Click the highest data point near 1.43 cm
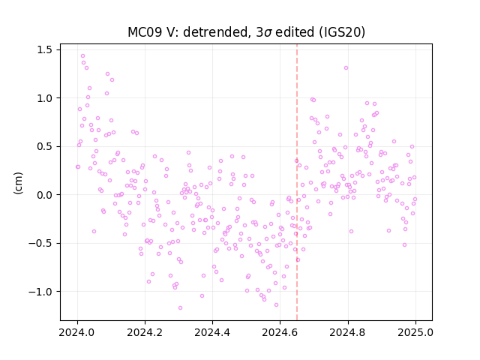82,56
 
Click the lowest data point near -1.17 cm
180,307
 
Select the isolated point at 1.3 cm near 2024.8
346,68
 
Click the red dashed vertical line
297,182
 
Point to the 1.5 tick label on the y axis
44,49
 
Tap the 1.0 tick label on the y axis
44,98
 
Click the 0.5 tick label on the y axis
44,146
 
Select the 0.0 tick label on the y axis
44,195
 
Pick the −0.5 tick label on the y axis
40,243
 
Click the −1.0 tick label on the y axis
40,292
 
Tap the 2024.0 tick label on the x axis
77,332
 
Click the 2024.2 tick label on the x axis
145,332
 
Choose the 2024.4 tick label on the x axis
212,332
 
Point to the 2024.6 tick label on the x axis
280,332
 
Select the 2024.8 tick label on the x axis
348,332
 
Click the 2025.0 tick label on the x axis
415,332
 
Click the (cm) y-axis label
18,183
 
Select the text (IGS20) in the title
342,32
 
